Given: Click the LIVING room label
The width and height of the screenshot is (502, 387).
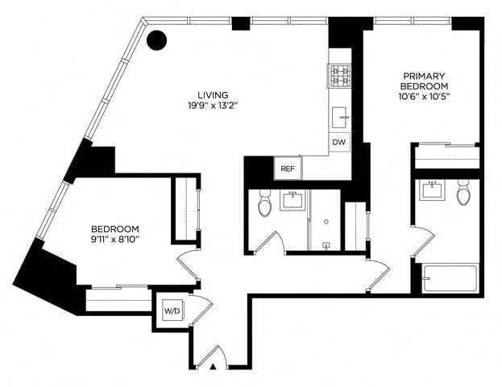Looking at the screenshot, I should pyautogui.click(x=214, y=94).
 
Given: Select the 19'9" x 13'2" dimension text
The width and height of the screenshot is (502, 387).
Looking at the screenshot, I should pyautogui.click(x=214, y=105).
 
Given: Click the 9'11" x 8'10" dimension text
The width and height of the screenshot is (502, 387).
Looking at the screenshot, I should pyautogui.click(x=114, y=239).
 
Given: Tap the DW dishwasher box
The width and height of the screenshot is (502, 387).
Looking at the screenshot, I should pyautogui.click(x=339, y=143).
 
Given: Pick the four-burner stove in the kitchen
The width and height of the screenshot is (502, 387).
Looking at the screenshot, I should pyautogui.click(x=339, y=77).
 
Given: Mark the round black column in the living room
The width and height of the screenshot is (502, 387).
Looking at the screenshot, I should pyautogui.click(x=156, y=40).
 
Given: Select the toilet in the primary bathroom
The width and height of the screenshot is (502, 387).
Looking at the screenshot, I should pyautogui.click(x=463, y=193).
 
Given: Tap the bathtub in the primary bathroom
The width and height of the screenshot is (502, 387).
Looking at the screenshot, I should pyautogui.click(x=450, y=278).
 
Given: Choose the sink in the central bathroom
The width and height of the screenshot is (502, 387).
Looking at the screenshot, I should pyautogui.click(x=292, y=199).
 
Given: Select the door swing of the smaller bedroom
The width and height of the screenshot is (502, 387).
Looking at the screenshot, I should pyautogui.click(x=189, y=262).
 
